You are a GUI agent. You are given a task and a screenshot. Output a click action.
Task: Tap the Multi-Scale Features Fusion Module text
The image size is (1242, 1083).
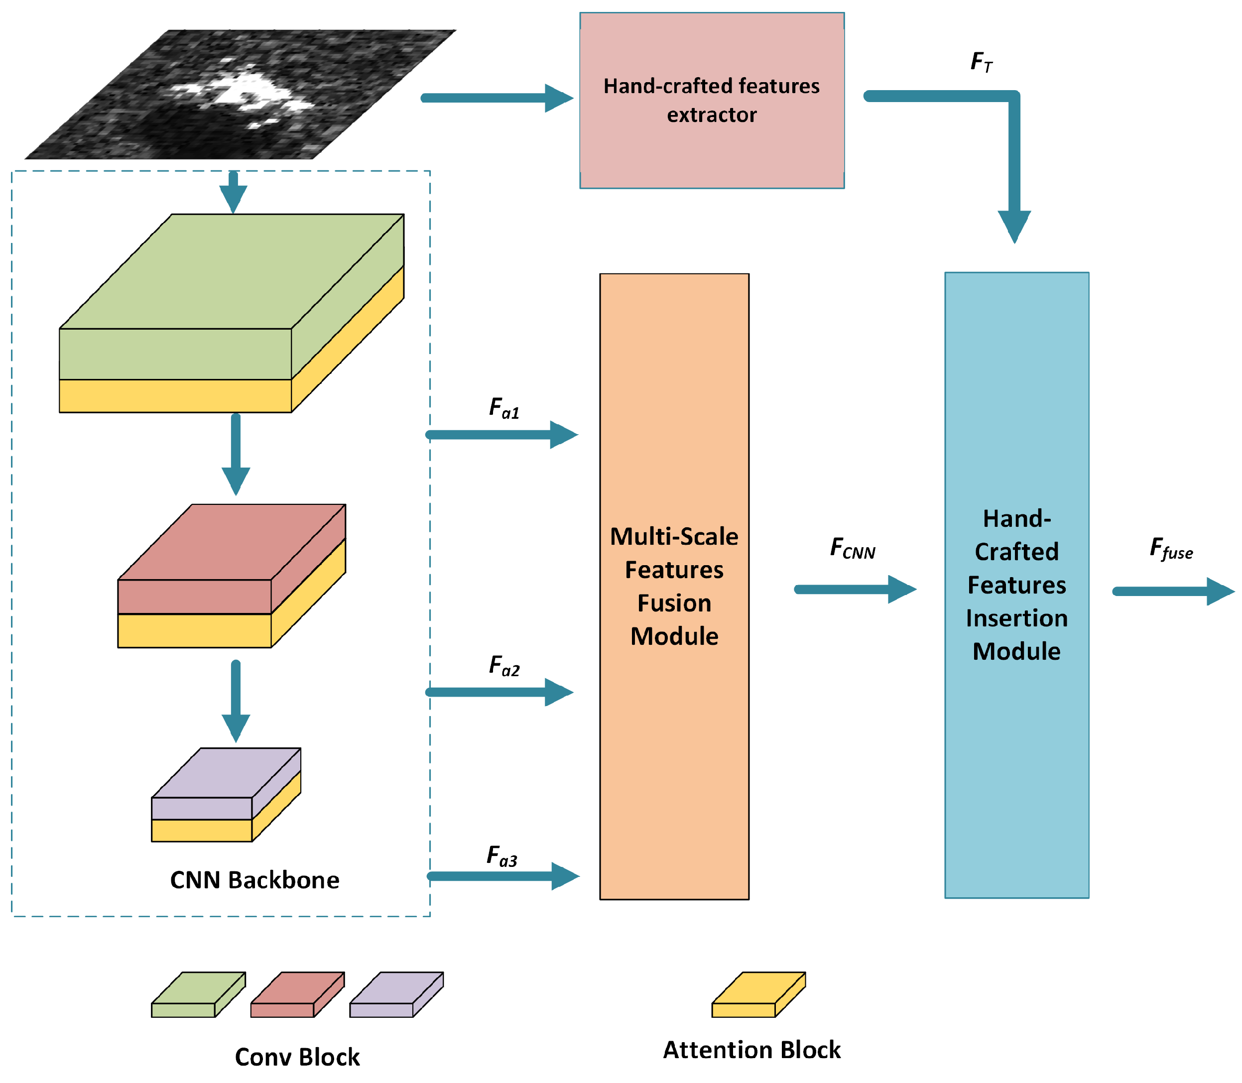coord(674,586)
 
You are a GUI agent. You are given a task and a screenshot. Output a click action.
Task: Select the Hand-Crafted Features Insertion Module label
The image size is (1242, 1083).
coord(1016,585)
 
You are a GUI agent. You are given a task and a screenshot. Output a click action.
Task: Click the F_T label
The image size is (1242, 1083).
coord(981,62)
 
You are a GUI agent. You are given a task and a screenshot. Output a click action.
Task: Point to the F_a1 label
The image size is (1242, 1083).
coord(503,408)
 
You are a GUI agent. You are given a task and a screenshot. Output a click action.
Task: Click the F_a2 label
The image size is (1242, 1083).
coord(503,666)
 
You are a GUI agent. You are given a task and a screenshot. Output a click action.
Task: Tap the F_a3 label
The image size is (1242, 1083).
coord(501,856)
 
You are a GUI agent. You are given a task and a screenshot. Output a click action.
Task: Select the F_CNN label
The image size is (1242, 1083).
coord(852,548)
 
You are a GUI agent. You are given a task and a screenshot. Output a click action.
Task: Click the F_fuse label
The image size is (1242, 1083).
coord(1170,549)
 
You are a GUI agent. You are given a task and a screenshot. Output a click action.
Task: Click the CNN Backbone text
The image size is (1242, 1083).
coord(254,880)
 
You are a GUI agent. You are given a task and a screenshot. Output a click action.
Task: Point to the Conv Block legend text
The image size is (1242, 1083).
coord(297,1057)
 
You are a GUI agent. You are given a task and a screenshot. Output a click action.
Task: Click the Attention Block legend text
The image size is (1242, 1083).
coord(751,1050)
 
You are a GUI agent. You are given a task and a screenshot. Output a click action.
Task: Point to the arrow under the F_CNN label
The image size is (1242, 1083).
coord(854,589)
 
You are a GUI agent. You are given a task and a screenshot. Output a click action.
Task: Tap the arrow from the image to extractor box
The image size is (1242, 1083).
coord(496,98)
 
